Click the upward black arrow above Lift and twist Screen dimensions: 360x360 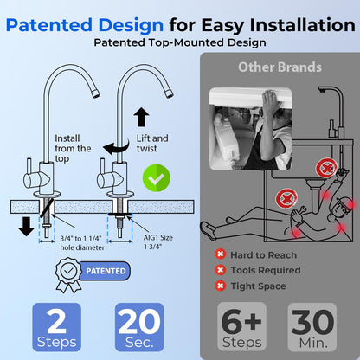pos(141,119)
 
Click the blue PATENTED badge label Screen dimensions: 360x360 pos(106,271)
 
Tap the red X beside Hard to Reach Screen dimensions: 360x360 pos(221,254)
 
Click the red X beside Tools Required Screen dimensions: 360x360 pos(221,270)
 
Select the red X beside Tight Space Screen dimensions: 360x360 pos(221,286)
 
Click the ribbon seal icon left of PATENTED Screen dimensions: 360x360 pos(67,273)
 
